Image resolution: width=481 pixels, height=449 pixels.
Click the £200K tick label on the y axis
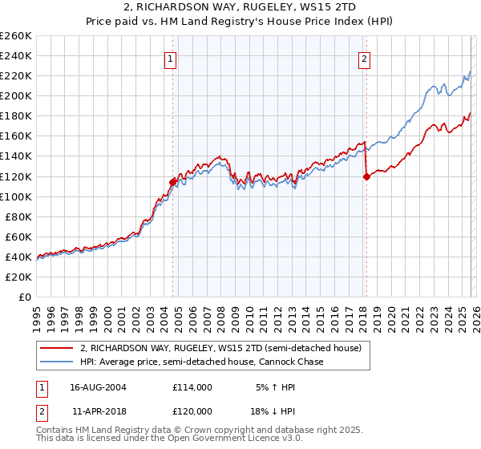(15, 96)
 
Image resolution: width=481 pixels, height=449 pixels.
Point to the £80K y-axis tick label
(18, 216)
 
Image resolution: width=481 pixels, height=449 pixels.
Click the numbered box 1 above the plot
(172, 58)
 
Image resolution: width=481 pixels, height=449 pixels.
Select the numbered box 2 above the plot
(364, 58)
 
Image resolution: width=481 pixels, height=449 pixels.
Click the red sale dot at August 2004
(172, 182)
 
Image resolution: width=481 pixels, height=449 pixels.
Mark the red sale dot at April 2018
(366, 176)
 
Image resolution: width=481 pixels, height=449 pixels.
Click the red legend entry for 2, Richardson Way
(220, 349)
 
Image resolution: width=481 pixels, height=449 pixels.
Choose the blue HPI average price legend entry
(201, 362)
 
